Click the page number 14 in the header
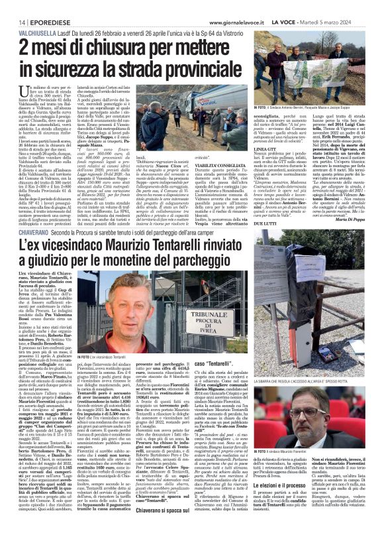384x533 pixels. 13,6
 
